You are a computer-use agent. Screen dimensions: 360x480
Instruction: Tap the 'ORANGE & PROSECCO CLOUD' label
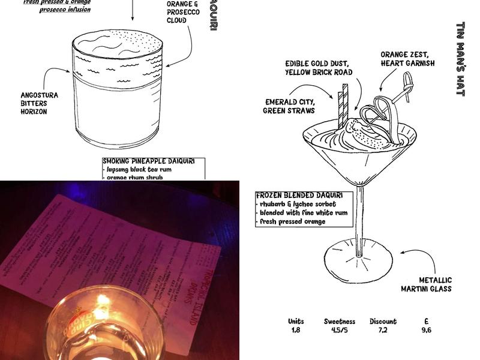(184, 12)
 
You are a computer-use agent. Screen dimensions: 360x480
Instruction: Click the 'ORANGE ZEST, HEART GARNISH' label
(407, 59)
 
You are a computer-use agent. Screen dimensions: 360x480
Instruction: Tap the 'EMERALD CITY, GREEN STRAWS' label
(289, 106)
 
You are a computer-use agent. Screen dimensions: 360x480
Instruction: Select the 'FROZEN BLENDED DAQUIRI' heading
(299, 196)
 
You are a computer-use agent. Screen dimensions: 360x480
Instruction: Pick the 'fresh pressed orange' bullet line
(292, 221)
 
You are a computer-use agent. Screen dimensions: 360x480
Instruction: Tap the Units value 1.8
(295, 330)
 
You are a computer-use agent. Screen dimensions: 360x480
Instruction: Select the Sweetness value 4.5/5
(340, 330)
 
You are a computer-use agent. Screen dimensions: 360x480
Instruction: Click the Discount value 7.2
(383, 330)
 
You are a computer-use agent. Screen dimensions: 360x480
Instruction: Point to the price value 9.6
(426, 330)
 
